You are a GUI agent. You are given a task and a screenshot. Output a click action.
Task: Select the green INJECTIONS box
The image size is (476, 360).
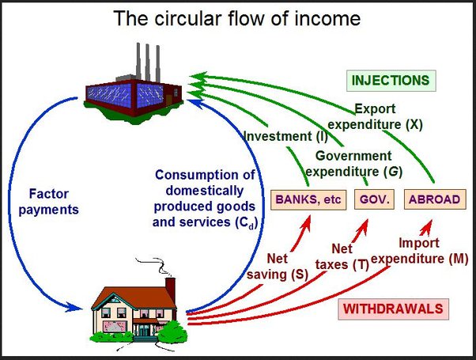point(391,81)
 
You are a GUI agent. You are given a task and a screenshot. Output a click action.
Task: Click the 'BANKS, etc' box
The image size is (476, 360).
point(308,199)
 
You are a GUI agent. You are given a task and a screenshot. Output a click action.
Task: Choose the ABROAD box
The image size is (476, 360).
point(433,199)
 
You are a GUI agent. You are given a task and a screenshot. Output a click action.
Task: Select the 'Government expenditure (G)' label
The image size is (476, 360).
point(353,162)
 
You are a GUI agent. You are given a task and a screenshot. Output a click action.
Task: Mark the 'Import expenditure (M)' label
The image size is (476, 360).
point(420,252)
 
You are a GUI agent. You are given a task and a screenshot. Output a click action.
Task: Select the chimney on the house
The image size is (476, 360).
point(170,286)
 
